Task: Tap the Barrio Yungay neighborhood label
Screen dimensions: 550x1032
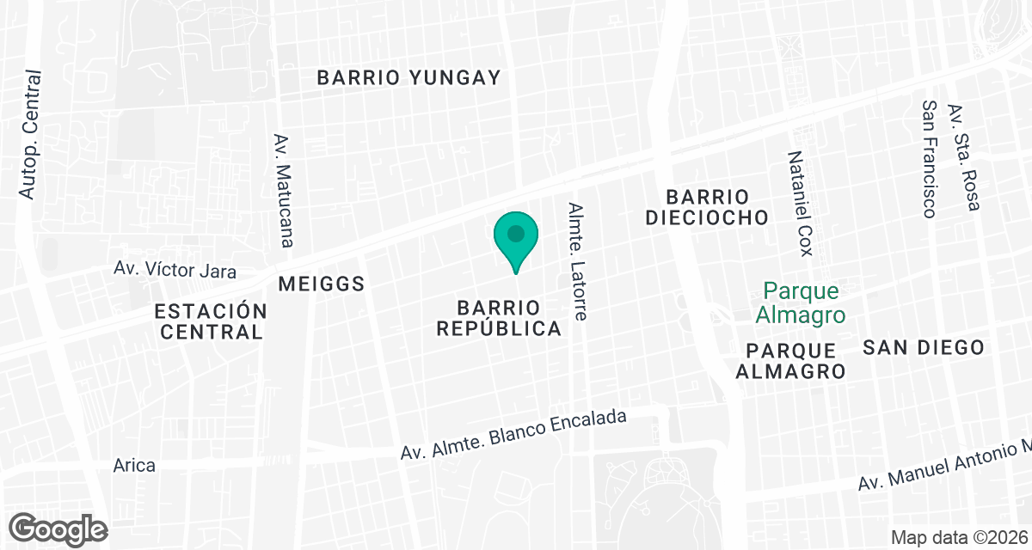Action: tap(408, 77)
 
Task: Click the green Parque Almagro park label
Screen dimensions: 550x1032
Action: tap(800, 302)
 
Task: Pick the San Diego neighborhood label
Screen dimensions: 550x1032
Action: tap(923, 347)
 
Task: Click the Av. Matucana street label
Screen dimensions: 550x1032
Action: tap(284, 190)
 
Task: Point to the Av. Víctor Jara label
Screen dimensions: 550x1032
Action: tap(175, 270)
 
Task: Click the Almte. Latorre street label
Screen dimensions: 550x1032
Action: tap(577, 261)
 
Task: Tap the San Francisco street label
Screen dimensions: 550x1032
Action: tap(929, 158)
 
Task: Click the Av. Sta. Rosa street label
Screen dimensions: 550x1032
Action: tap(963, 156)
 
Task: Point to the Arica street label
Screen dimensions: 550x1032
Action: tap(134, 466)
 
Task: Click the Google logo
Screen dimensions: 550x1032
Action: tap(58, 527)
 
